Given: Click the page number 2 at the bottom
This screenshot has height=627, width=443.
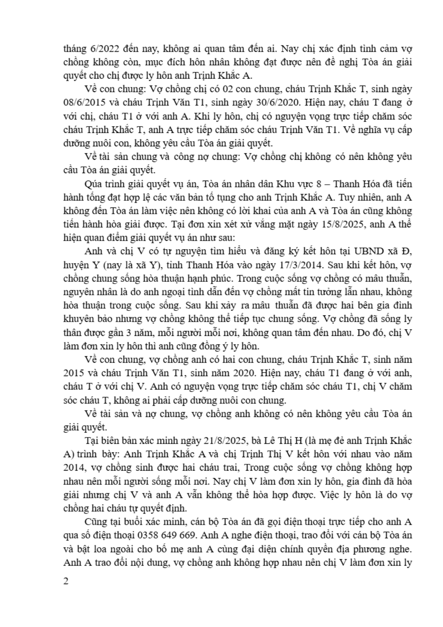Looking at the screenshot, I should [x=66, y=582].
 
